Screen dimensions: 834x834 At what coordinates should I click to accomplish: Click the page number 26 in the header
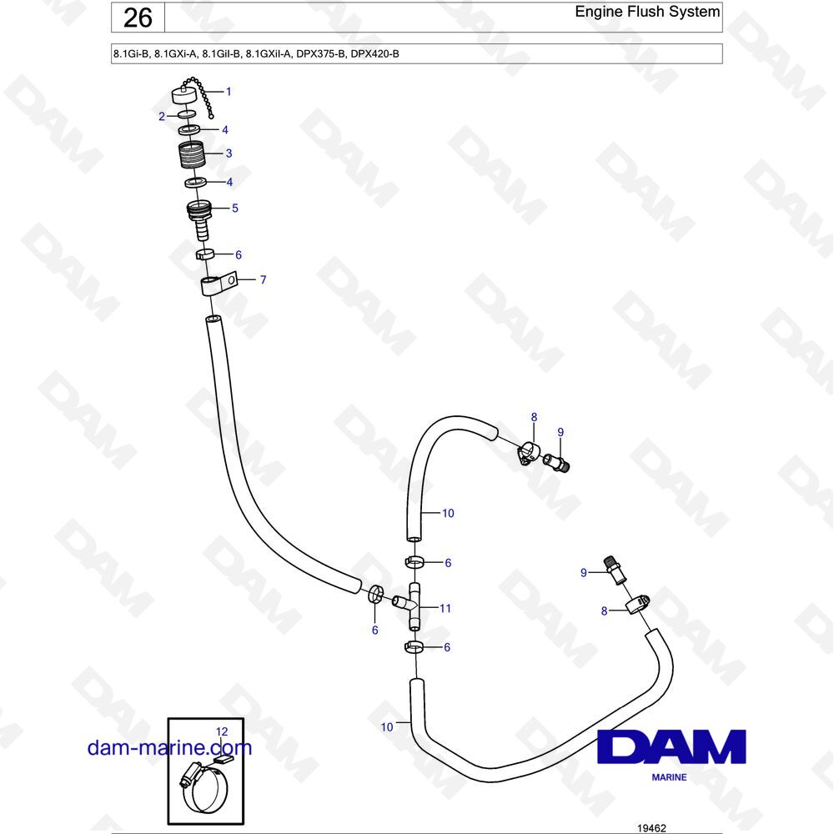tap(138, 18)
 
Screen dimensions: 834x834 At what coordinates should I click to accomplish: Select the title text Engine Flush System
tap(647, 11)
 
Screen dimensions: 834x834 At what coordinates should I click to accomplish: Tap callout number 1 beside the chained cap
tap(229, 92)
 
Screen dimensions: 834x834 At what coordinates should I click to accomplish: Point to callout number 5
tap(235, 208)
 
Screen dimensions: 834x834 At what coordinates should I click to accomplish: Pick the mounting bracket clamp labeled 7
tap(218, 284)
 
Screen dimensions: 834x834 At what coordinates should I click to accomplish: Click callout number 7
tap(263, 279)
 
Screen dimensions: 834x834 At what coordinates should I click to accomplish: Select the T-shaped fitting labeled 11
tap(410, 606)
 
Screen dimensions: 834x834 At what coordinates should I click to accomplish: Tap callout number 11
tap(445, 608)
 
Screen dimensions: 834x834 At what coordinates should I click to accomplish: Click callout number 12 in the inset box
tap(222, 732)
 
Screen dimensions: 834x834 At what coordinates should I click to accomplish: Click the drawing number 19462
tap(651, 828)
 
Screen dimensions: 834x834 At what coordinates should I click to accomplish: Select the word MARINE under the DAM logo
tap(669, 777)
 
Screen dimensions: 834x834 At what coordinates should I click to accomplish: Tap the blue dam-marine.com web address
tap(169, 747)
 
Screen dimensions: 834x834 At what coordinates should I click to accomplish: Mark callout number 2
tap(162, 117)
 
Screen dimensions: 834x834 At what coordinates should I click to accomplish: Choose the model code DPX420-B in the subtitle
tap(375, 53)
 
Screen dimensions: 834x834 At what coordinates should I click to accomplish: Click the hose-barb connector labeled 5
tap(199, 219)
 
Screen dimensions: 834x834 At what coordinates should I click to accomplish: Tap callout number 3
tap(229, 153)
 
